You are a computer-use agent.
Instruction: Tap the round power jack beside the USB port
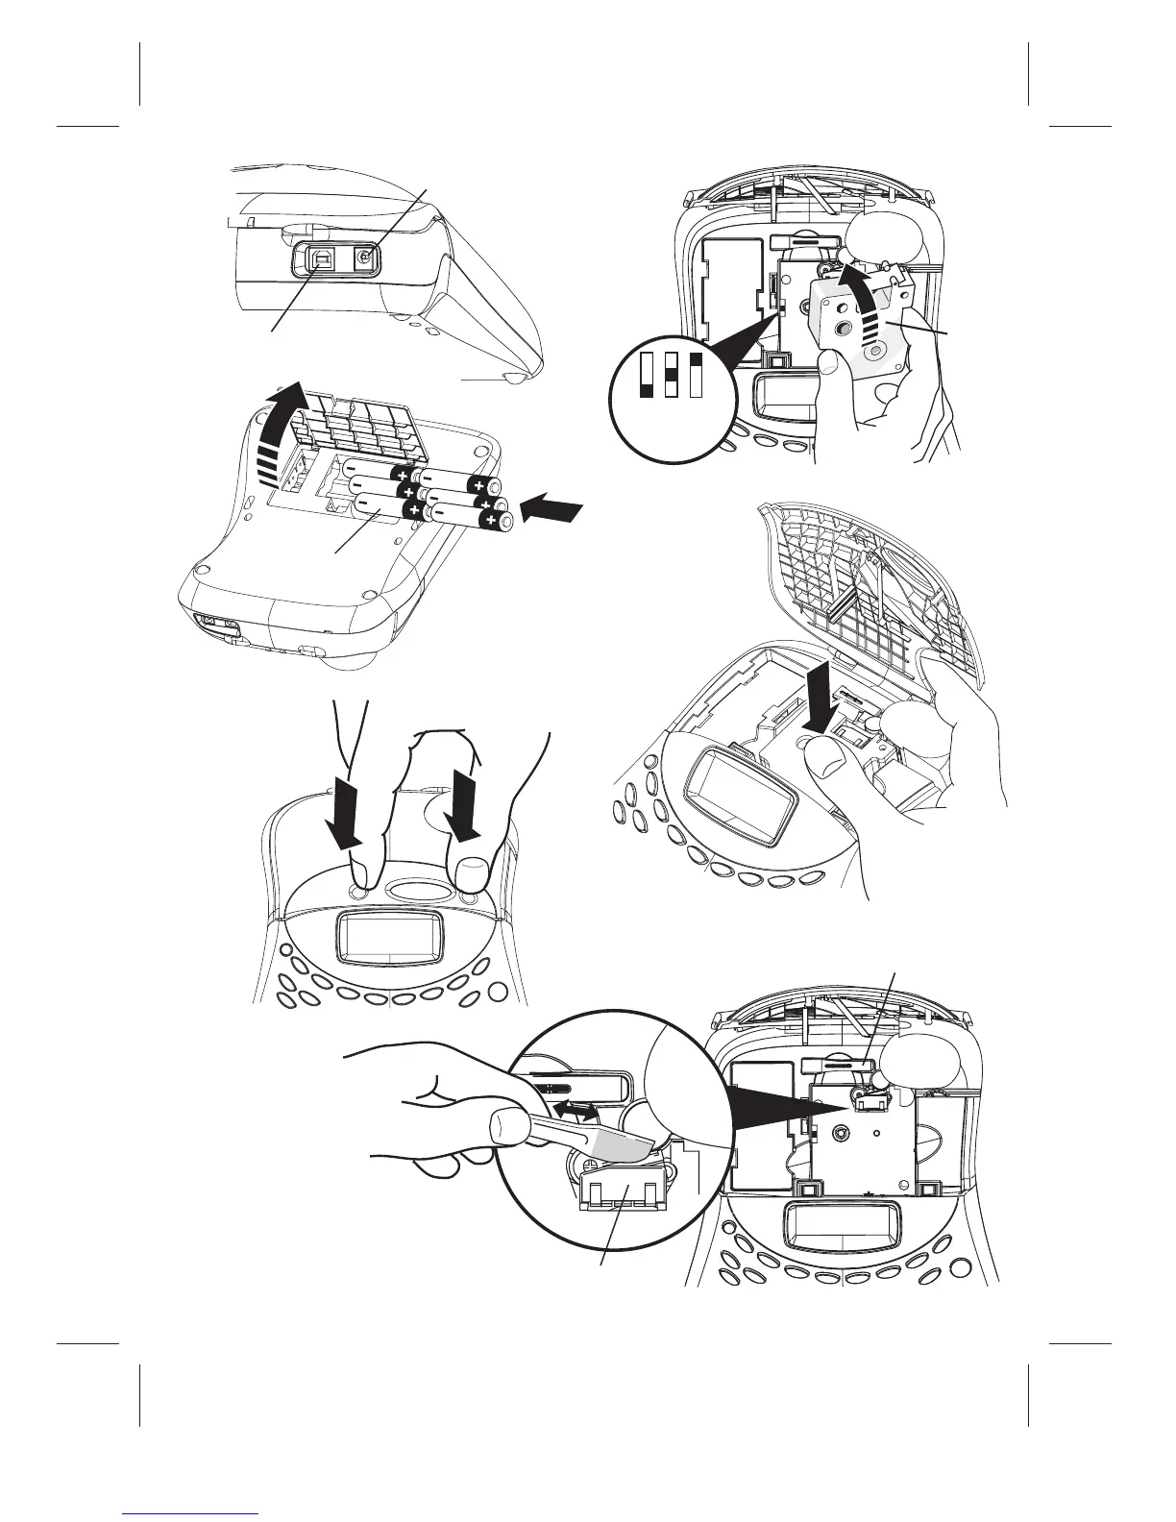365,257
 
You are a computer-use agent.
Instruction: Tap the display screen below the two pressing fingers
390,937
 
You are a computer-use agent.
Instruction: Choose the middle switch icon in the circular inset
673,376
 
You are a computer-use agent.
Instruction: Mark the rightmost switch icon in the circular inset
697,376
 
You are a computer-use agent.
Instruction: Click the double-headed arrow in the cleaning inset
577,1111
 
